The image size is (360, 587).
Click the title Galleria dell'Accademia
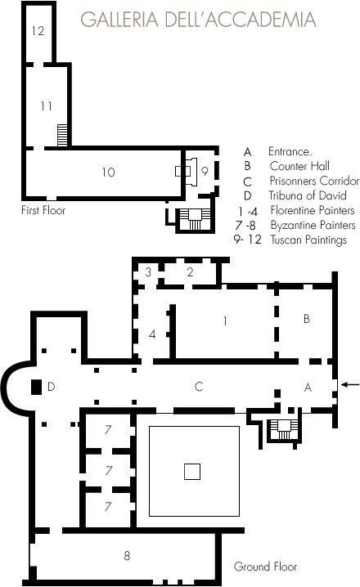(198, 20)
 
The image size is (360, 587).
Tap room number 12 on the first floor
(38, 31)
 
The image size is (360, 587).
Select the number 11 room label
(46, 106)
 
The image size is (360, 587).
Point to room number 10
(108, 173)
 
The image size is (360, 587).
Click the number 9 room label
(205, 171)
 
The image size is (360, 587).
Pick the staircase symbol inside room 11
(62, 135)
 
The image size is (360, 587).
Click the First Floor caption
(43, 210)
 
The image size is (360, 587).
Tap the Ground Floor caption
(265, 567)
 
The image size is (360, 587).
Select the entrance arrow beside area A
(350, 384)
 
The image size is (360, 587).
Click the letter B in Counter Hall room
(307, 319)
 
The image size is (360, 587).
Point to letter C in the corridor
(199, 387)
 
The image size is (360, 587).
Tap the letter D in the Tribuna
(52, 387)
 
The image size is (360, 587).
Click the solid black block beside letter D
(36, 387)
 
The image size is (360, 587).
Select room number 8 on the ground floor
(127, 556)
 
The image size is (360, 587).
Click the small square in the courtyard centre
(192, 472)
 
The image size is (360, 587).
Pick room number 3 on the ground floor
(148, 271)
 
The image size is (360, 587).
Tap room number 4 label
(152, 334)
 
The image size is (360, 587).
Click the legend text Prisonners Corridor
(314, 181)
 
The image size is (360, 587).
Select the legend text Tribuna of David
(307, 195)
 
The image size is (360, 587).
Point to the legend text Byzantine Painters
(313, 226)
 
